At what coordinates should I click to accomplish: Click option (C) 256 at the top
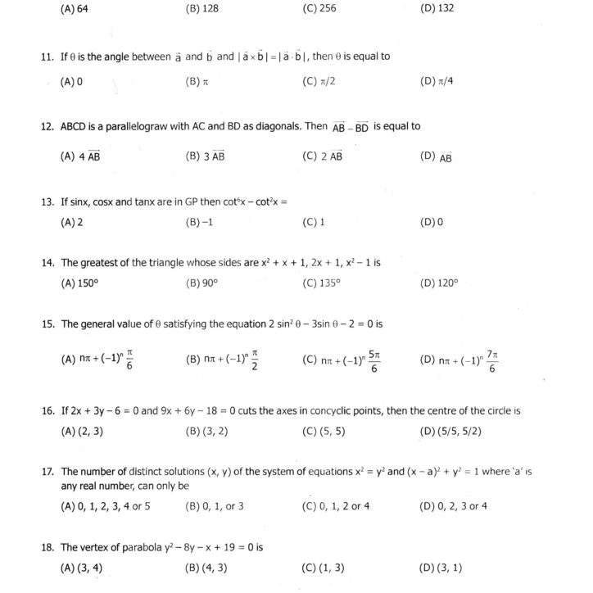pyautogui.click(x=319, y=10)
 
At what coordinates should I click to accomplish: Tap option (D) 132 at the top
pyautogui.click(x=436, y=10)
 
